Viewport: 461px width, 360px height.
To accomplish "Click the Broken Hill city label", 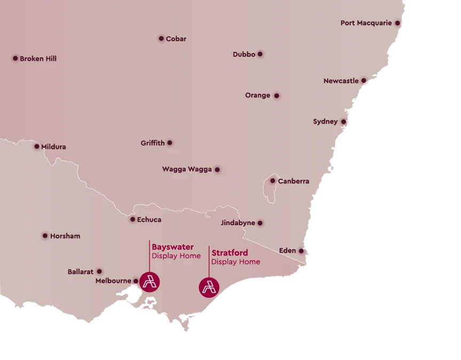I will [x=38, y=59].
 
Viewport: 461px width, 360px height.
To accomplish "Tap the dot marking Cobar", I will [x=161, y=38].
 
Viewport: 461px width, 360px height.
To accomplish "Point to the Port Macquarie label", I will [x=366, y=23].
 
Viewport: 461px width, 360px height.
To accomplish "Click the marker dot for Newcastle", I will [x=363, y=81].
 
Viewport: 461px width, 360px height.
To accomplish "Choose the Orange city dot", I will [x=276, y=96].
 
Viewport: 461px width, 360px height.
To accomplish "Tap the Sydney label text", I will [x=325, y=122].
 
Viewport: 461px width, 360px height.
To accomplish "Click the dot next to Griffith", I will [x=170, y=143].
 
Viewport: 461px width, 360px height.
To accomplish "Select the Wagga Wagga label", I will [x=187, y=170].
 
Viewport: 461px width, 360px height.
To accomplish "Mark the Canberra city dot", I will [x=273, y=181].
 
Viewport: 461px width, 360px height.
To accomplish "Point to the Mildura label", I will [x=53, y=147].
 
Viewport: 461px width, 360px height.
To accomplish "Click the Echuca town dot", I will [x=133, y=219].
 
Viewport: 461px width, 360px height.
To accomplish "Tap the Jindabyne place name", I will [x=237, y=223].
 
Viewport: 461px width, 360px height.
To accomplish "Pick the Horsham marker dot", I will [x=45, y=235].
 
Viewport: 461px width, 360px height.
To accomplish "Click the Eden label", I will [x=287, y=251].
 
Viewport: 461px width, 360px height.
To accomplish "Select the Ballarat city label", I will [x=81, y=271].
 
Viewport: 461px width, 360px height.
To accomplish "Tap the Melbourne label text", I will [x=113, y=281].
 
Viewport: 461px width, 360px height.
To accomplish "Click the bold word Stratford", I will [x=229, y=253].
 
